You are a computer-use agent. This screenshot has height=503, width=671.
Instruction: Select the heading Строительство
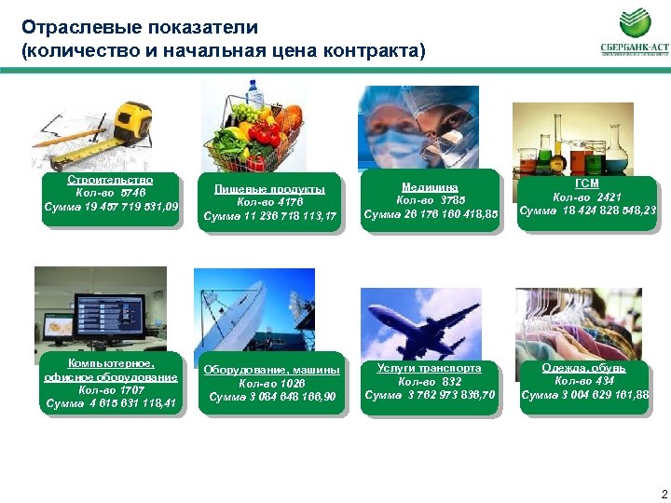110,179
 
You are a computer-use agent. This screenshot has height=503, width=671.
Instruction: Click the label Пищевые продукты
269,189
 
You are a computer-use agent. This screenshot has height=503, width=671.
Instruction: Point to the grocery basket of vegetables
254,130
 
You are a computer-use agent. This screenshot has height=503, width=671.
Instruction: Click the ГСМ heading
587,184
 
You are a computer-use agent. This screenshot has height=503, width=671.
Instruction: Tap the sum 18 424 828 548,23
587,211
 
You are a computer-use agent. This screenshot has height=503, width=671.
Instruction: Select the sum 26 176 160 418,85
431,214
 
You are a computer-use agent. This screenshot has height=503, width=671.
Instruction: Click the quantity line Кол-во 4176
269,202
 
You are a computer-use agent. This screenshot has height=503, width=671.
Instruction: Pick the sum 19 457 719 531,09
111,206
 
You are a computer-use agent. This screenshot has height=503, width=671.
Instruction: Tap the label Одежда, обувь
584,367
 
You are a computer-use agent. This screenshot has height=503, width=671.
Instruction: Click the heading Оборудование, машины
272,370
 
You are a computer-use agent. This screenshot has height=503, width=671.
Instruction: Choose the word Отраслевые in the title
74,28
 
